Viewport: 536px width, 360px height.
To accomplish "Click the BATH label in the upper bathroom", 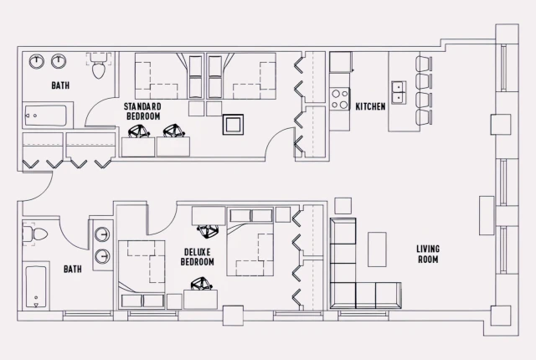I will pyautogui.click(x=60, y=85).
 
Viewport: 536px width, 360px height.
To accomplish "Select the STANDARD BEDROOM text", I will pyautogui.click(x=142, y=111).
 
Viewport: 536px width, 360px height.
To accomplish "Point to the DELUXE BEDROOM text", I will pyautogui.click(x=198, y=257).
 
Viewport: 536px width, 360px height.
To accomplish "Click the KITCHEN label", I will pyautogui.click(x=370, y=106).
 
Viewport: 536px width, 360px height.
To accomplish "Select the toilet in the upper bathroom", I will pyautogui.click(x=99, y=67).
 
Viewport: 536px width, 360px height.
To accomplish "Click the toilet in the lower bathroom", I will pyautogui.click(x=37, y=234).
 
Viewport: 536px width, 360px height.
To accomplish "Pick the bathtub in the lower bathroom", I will pyautogui.click(x=36, y=288).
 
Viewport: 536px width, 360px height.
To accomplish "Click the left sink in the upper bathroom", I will pyautogui.click(x=38, y=61).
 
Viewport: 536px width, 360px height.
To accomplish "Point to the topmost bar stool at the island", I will pyautogui.click(x=424, y=64).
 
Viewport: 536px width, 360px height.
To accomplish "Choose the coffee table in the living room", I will pyautogui.click(x=378, y=249).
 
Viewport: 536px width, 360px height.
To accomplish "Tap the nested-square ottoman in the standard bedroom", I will pyautogui.click(x=232, y=125).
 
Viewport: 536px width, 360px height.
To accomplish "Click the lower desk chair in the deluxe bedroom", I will pyautogui.click(x=200, y=285).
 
